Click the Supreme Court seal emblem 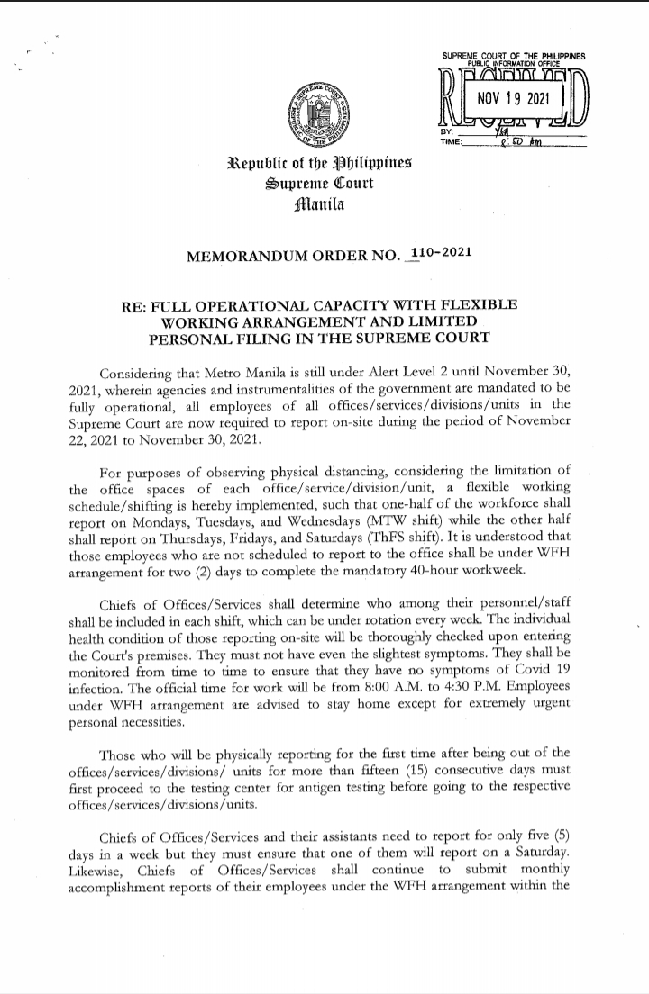[318, 117]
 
